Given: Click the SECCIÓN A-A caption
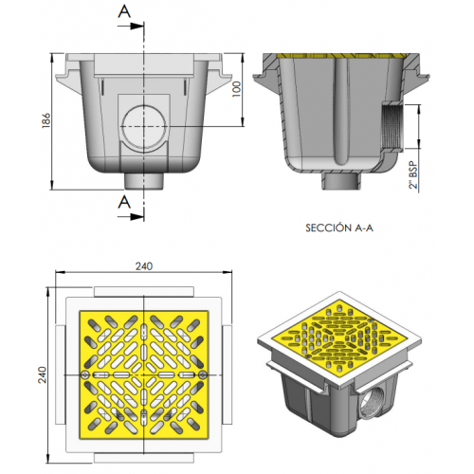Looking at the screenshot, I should pyautogui.click(x=339, y=228).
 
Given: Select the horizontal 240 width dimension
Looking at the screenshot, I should pyautogui.click(x=144, y=267).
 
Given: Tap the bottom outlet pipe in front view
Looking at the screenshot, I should pyautogui.click(x=143, y=179).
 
